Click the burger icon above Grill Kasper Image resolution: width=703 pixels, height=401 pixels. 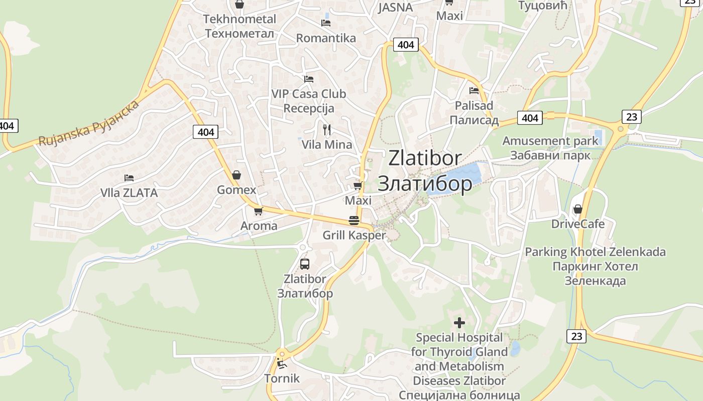[354, 221]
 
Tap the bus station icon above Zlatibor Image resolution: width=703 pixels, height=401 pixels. [304, 264]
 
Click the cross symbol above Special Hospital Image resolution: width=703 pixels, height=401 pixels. [459, 323]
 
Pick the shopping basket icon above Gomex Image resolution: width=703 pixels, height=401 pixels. [237, 175]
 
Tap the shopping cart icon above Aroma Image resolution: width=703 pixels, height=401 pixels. [258, 211]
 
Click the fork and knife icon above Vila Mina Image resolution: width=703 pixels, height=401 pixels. [327, 130]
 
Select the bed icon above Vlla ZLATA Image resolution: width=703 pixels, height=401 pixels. [129, 177]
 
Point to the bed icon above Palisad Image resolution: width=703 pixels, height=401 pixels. [474, 91]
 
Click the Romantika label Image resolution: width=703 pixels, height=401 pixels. [326, 38]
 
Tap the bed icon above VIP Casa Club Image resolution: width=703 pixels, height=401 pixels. [309, 79]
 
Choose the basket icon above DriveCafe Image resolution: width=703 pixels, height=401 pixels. [578, 209]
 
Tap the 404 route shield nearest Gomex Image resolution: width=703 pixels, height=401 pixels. [205, 132]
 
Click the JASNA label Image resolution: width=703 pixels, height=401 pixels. [395, 7]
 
